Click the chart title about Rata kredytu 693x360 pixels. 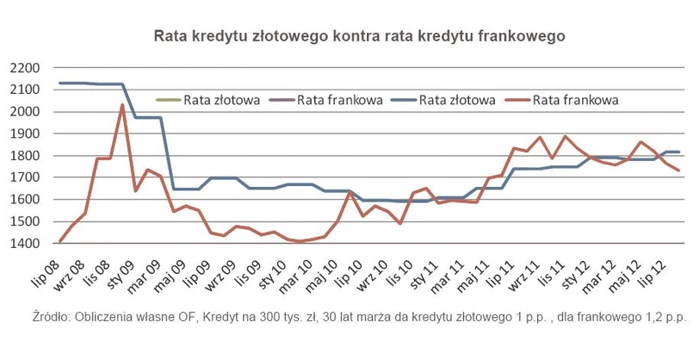pyautogui.click(x=359, y=37)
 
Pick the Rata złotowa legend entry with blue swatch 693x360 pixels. pyautogui.click(x=456, y=100)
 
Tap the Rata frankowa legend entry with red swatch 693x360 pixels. pyautogui.click(x=574, y=100)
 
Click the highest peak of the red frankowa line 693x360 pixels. pyautogui.click(x=122, y=105)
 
